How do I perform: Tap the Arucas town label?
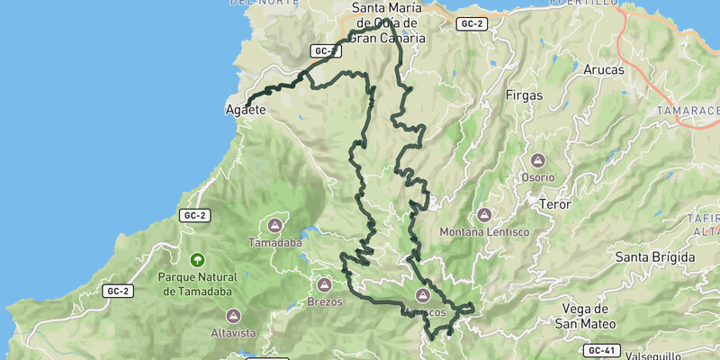[x=603, y=69]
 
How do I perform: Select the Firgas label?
[x=525, y=94]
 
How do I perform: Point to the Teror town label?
[x=554, y=204]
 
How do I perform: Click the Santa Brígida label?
[x=654, y=257]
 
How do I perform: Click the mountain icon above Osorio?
[x=538, y=161]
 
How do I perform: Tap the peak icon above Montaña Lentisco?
[x=484, y=215]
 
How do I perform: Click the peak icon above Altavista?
[x=233, y=316]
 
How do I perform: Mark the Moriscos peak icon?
[x=422, y=295]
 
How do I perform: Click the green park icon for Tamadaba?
[x=195, y=259]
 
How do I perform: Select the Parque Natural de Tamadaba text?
[x=195, y=284]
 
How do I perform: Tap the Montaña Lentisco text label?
[x=484, y=232]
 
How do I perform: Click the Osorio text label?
[x=538, y=177]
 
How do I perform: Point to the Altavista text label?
[x=233, y=333]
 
